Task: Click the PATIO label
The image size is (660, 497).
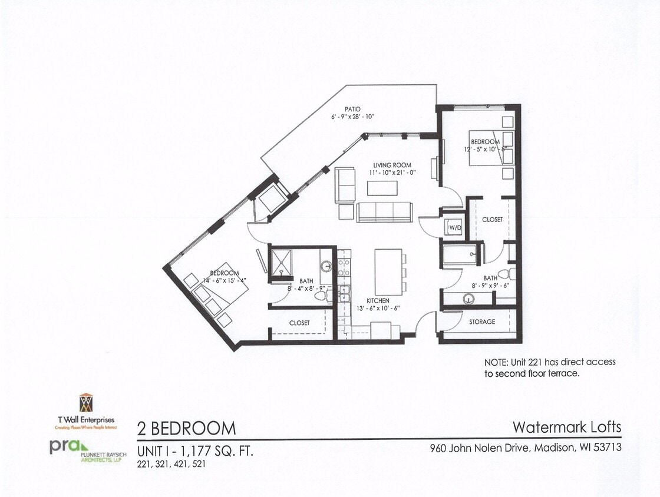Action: point(354,109)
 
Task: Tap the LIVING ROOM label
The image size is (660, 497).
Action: point(392,165)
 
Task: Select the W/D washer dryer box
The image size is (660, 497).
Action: point(455,227)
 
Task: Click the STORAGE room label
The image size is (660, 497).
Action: point(482,322)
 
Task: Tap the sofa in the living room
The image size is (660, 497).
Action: point(384,212)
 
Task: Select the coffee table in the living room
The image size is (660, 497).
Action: point(382,188)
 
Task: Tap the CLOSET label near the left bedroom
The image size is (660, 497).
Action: point(299,323)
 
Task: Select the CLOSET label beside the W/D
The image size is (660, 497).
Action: point(492,220)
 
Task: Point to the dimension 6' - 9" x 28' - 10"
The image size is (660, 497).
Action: point(353,117)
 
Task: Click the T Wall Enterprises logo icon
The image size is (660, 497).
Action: point(86,403)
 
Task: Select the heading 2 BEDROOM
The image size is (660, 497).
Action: point(186,428)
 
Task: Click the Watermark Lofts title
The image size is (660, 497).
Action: point(566,426)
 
